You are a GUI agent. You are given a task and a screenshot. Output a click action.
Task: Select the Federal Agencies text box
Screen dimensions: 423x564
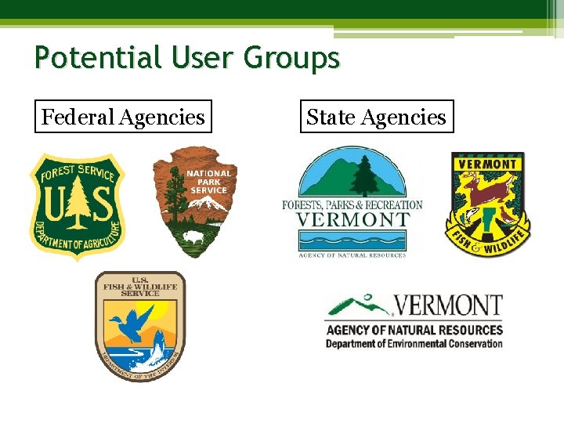coord(123,117)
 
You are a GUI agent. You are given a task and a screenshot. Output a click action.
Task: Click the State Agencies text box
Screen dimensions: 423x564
coord(376,117)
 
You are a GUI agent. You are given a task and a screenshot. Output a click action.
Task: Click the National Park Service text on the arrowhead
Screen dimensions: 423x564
coord(208,182)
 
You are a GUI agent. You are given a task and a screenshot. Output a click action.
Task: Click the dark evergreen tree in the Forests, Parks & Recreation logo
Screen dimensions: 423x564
coord(363,173)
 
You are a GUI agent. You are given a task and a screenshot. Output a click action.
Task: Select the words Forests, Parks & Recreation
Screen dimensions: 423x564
coord(352,205)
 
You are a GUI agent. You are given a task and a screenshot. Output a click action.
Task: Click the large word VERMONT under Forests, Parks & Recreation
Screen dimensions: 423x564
coord(352,220)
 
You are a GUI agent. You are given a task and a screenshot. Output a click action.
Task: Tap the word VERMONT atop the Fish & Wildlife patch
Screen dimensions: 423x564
coord(487,164)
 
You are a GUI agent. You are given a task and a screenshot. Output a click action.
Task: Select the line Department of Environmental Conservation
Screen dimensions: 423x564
coord(414,343)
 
